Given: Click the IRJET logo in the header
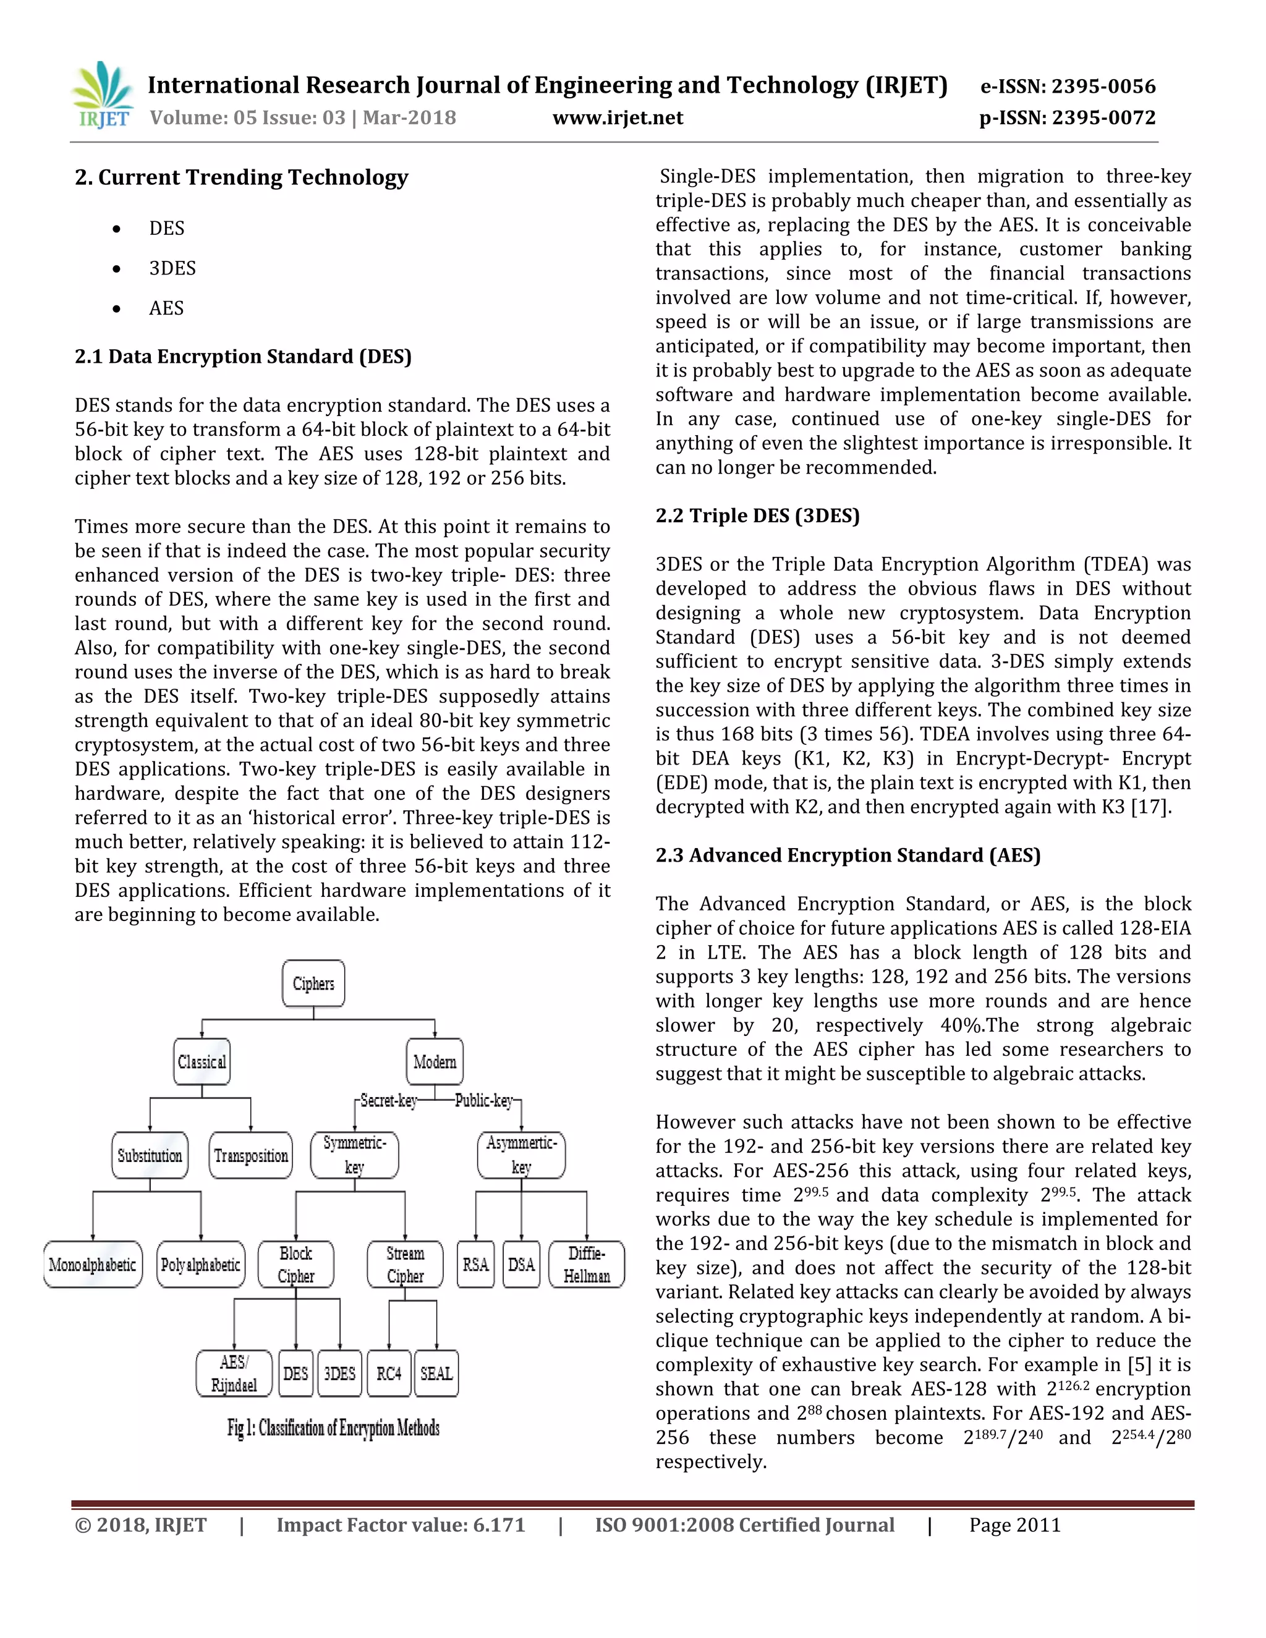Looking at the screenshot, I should coord(103,95).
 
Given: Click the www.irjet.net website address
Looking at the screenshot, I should coord(618,117).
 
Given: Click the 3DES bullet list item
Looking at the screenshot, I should coord(172,268).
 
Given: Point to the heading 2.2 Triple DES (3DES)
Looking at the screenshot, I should coord(757,516).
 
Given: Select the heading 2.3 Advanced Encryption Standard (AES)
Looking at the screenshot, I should coord(848,855).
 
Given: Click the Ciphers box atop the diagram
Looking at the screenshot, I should coord(313,983).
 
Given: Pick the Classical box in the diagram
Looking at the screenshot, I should coord(202,1061).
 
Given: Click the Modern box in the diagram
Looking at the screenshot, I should coord(434,1061).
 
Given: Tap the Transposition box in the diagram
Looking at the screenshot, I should coord(250,1155).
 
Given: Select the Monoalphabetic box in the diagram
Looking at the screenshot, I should coord(92,1265).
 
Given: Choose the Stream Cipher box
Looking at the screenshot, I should coord(405,1265).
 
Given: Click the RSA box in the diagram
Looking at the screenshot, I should coord(475,1265).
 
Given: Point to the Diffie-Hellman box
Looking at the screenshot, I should coord(587,1265).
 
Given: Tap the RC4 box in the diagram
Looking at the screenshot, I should coord(388,1373).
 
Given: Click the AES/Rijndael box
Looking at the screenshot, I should coord(234,1373).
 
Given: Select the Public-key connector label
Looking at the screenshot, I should coord(484,1100).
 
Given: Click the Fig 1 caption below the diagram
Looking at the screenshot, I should coord(333,1428).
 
